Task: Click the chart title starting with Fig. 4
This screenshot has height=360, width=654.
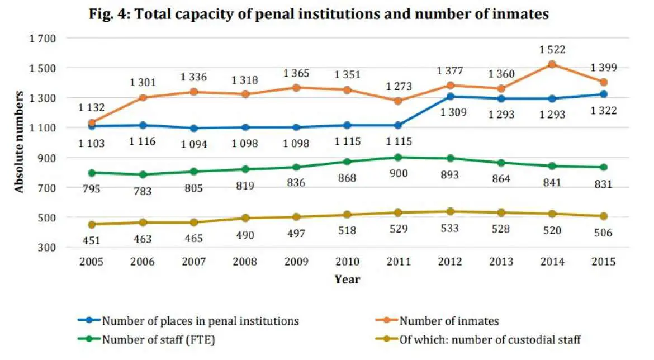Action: [x=319, y=15]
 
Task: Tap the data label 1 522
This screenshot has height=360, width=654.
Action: [x=552, y=50]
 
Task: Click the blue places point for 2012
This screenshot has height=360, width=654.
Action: [x=450, y=96]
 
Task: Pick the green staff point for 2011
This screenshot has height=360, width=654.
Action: [x=398, y=157]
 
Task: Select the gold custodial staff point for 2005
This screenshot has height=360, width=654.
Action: [x=92, y=224]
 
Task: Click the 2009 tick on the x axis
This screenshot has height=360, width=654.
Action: [x=296, y=262]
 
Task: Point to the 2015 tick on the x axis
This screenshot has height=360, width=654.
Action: [x=604, y=262]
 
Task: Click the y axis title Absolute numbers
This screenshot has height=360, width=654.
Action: [x=19, y=143]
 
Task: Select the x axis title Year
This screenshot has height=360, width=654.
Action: [x=347, y=279]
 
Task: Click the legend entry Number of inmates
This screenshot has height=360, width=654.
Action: [x=449, y=321]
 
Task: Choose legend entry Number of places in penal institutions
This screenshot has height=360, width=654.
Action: [x=200, y=321]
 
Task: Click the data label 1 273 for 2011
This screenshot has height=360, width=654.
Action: [x=398, y=87]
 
